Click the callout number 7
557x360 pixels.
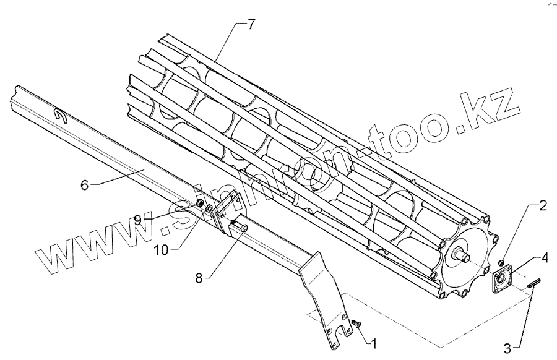(251, 25)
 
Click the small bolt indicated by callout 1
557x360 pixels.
(357, 324)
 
